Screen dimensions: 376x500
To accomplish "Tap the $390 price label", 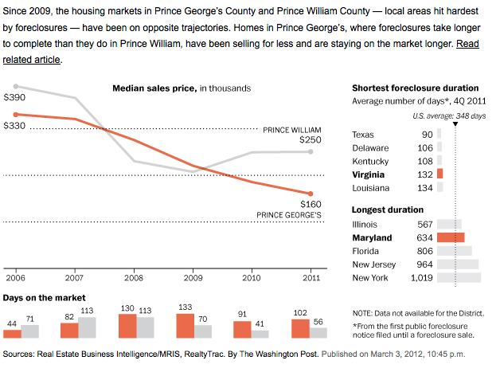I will tap(15, 97).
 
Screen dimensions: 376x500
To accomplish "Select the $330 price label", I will tap(15, 126).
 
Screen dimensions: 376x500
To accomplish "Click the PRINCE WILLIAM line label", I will tap(292, 128).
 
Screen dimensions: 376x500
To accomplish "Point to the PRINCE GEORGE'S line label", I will tap(289, 214).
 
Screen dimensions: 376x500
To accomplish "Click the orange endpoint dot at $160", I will tap(311, 194).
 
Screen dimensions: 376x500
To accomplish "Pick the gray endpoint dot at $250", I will tap(311, 151).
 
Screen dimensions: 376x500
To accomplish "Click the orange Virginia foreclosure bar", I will tap(439, 174).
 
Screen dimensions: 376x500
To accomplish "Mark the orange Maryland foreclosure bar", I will tap(450, 237).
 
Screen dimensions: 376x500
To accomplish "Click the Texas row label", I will tap(363, 135).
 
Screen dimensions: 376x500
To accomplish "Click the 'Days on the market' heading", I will tap(44, 297).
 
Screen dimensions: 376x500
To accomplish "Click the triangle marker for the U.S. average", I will tap(455, 126).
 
